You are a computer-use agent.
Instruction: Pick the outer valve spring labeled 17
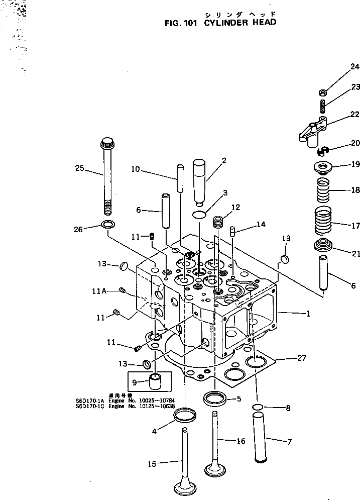click(324, 221)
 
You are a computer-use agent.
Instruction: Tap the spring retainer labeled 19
click(324, 166)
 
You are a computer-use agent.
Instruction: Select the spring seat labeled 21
click(324, 247)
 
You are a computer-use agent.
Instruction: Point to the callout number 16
click(241, 441)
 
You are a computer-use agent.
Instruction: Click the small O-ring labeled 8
click(257, 407)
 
